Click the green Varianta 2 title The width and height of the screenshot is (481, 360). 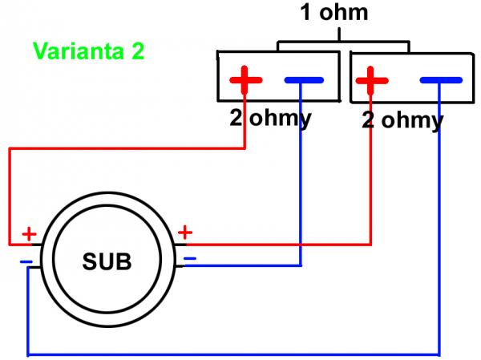click(87, 52)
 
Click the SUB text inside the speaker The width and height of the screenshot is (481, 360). click(107, 261)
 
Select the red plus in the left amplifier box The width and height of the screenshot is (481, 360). click(246, 80)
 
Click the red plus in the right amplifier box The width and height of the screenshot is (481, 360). click(371, 80)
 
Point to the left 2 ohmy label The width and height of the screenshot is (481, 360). click(270, 120)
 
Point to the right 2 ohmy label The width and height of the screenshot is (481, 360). click(402, 120)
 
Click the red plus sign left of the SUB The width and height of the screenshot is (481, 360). click(29, 234)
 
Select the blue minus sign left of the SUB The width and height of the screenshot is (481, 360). click(26, 261)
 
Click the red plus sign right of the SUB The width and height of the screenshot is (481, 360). click(185, 233)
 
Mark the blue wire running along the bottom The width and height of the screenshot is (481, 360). click(232, 354)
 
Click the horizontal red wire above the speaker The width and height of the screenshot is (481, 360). click(120, 148)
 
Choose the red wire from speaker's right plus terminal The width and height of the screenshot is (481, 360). click(281, 244)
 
